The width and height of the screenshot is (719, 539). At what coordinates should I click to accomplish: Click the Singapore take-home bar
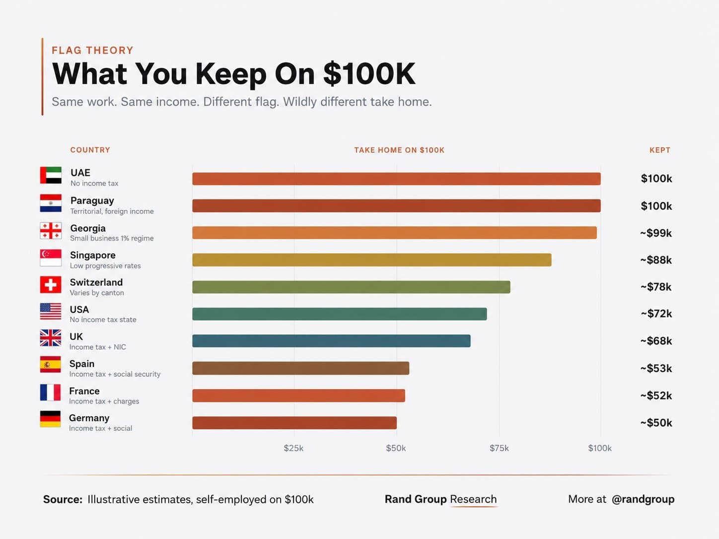click(372, 260)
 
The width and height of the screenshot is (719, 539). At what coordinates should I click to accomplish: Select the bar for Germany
click(294, 422)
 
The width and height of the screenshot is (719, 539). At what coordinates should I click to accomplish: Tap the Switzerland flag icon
click(51, 284)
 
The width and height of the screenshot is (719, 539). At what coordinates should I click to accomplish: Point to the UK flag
click(51, 337)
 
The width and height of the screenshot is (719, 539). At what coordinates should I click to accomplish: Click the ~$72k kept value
click(656, 314)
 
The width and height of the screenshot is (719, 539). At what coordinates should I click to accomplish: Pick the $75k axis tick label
click(499, 448)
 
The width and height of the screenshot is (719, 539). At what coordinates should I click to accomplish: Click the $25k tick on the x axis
click(293, 448)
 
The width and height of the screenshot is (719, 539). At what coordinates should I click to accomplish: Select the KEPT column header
click(660, 150)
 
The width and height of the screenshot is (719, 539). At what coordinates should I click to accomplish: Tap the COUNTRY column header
click(90, 150)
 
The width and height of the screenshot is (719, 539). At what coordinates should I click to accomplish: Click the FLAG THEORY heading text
click(93, 50)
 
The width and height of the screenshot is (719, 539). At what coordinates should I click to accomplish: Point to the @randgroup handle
click(643, 499)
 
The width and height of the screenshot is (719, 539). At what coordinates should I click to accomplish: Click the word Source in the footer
click(63, 499)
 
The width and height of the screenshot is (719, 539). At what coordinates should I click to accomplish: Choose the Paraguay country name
click(92, 201)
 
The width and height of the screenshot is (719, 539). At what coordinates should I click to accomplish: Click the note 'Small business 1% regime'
click(112, 238)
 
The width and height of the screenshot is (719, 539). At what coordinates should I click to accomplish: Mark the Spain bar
click(301, 368)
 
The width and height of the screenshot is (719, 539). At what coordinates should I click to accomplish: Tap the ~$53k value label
click(656, 368)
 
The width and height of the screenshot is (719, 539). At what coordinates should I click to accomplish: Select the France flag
click(51, 392)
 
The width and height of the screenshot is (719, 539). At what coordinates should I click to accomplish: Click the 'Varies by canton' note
click(97, 292)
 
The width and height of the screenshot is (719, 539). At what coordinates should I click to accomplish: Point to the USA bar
click(340, 314)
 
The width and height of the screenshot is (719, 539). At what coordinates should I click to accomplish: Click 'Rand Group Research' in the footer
click(440, 499)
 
